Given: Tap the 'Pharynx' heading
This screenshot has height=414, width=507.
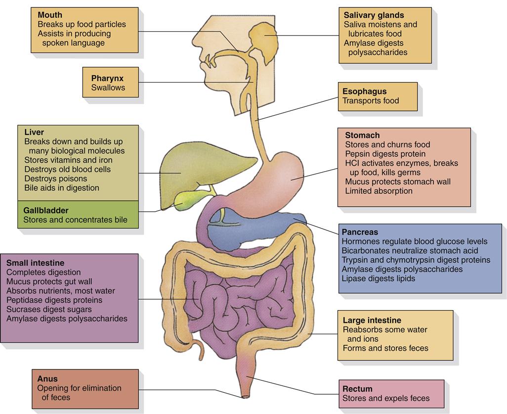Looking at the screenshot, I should (107, 78).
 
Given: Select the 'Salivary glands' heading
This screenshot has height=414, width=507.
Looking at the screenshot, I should (374, 15).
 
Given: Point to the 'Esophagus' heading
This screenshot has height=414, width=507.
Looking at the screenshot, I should (365, 92).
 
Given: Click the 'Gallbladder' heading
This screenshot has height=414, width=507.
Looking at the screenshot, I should (46, 211).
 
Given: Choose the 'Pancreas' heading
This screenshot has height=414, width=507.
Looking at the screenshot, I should (360, 232).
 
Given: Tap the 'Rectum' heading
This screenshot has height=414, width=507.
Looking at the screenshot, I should (357, 389).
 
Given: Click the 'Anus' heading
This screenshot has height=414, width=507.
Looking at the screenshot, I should (47, 379).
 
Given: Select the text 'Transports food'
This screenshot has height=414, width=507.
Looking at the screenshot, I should (371, 101).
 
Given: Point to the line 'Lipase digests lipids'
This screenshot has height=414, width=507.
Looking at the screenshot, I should (379, 278).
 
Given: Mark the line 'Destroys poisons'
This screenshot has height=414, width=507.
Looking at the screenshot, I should (55, 179).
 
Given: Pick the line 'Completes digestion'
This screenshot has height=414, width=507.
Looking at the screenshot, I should (43, 273).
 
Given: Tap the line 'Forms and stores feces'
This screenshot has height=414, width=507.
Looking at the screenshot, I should (385, 348).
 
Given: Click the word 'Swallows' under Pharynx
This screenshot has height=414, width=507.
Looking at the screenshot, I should (108, 88).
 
